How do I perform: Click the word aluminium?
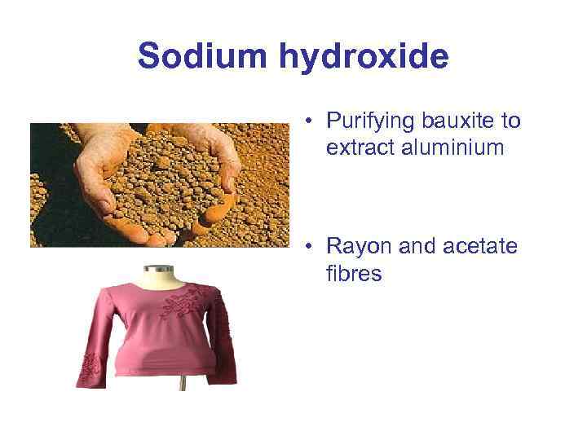(447, 147)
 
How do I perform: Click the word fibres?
(354, 273)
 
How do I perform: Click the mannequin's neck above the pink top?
(155, 278)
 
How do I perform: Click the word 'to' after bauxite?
(511, 121)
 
